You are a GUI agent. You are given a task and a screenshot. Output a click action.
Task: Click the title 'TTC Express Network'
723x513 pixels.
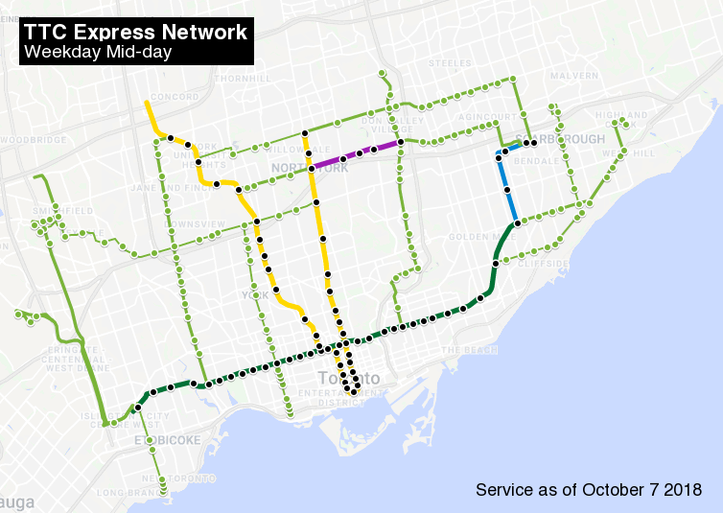135,33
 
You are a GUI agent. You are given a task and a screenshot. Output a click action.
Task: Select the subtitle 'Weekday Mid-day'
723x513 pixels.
98,52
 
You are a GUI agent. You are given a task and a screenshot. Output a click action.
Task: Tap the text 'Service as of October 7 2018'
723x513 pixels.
589,490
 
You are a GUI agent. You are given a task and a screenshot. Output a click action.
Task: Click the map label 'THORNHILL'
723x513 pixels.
237,78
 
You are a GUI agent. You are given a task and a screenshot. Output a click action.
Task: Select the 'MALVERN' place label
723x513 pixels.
574,75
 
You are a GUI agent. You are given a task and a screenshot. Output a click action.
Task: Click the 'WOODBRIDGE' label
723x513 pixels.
35,139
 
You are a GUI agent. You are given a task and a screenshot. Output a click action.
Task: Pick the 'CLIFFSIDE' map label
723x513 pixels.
544,263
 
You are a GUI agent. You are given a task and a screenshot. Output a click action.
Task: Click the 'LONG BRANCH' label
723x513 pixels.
121,494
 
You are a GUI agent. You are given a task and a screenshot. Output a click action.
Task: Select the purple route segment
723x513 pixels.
355,153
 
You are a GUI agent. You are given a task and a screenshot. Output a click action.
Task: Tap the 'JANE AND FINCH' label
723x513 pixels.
160,188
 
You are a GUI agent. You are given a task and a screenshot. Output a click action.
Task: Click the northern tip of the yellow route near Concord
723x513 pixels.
146,102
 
